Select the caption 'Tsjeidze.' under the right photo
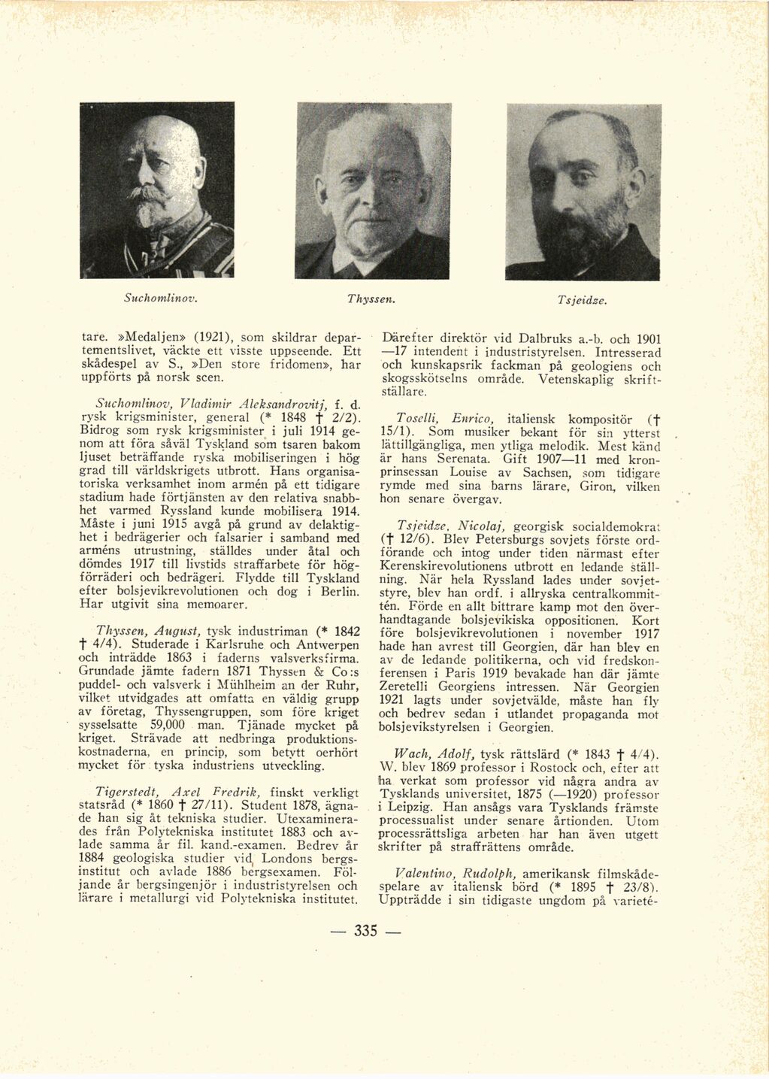pos(582,300)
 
